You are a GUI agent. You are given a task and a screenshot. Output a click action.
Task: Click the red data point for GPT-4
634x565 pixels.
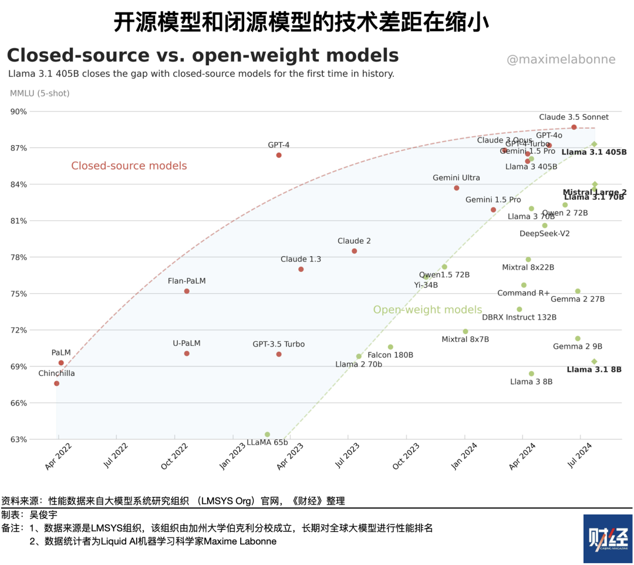click(x=279, y=155)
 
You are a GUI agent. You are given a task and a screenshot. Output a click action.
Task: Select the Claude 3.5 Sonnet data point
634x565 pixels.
click(x=574, y=127)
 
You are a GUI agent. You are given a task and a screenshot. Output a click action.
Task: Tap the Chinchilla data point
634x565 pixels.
click(x=56, y=384)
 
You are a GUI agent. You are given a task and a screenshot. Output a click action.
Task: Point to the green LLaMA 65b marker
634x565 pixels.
click(x=267, y=435)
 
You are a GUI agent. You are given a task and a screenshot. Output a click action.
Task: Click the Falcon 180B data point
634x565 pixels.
click(x=390, y=347)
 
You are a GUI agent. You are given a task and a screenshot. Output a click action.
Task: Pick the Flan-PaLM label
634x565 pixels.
click(x=187, y=281)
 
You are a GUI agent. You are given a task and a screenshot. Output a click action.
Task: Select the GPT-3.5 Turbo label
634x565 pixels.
click(x=279, y=344)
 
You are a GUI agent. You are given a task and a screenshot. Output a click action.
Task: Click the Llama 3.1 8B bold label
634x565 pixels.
click(x=594, y=369)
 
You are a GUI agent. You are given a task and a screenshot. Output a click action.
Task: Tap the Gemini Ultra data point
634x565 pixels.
click(x=457, y=188)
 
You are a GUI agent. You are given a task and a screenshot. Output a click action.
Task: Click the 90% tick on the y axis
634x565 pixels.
click(x=18, y=112)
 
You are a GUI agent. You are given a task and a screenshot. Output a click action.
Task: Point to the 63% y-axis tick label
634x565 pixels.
click(x=18, y=439)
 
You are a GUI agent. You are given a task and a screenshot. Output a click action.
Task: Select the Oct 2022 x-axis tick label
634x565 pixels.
click(x=174, y=458)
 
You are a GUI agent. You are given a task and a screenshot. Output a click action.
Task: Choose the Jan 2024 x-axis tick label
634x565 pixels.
click(x=465, y=458)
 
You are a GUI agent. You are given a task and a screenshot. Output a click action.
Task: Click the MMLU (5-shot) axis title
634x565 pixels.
click(x=40, y=93)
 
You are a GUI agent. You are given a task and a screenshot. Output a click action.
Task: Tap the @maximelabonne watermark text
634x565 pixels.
click(x=561, y=59)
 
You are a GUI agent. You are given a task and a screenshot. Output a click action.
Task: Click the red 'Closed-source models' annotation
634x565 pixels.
click(x=129, y=166)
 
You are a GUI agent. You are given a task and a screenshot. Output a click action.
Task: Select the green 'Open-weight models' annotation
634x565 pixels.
click(x=427, y=310)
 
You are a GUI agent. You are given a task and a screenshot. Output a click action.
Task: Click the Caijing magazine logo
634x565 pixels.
click(x=608, y=539)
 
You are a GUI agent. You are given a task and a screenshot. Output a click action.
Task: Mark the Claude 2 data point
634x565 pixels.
click(x=354, y=251)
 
